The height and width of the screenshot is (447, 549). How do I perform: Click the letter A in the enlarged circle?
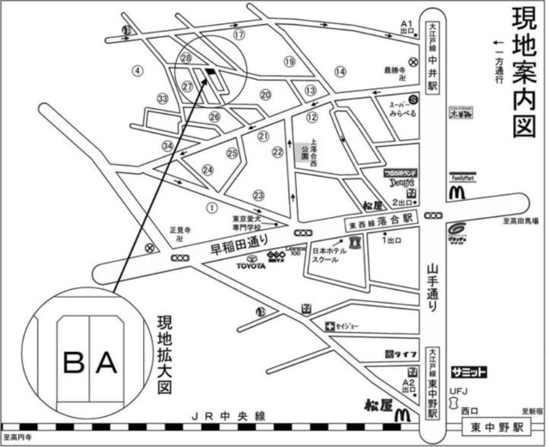106,364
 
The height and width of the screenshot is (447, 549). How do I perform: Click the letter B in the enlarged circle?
75,364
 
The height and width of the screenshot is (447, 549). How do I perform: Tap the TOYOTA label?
253,267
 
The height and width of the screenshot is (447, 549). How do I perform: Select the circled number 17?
239,34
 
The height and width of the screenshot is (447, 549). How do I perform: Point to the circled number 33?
163,100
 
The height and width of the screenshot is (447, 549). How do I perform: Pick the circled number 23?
258,196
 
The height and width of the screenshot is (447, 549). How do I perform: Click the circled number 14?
341,72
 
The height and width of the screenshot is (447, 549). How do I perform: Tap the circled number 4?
136,69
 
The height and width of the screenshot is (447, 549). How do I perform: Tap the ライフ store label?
401,353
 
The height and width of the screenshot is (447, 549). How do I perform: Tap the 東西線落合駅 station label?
383,219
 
